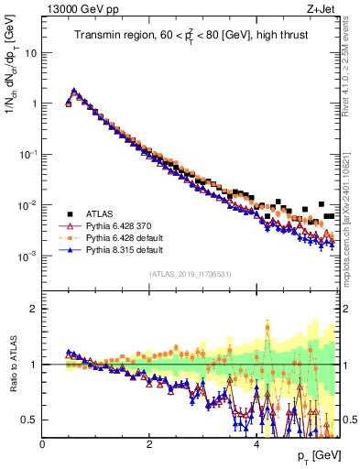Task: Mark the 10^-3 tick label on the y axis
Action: click(x=28, y=258)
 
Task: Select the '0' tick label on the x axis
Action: click(x=42, y=443)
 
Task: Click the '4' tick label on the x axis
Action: click(x=256, y=443)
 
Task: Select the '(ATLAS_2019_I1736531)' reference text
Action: click(x=190, y=274)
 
